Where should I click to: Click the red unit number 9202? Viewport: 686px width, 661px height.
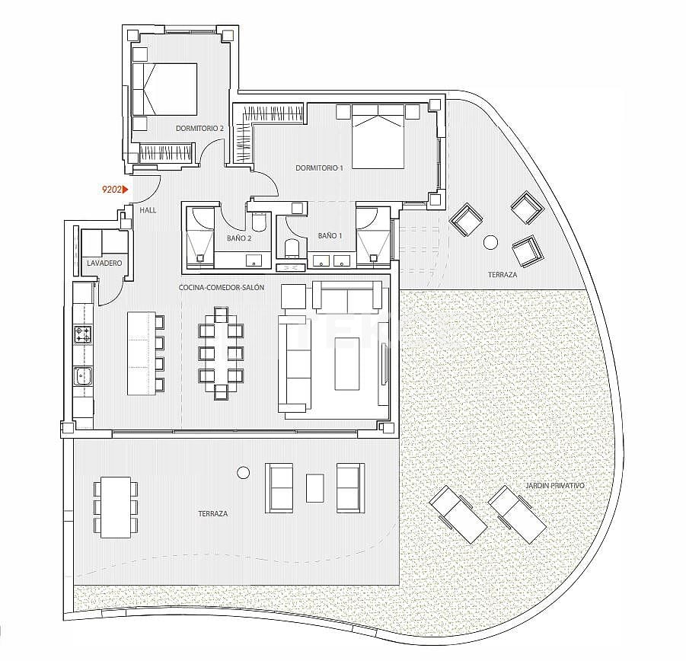coord(112,190)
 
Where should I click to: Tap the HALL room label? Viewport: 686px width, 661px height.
coord(148,209)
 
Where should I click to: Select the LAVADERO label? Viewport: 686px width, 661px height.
coord(105,263)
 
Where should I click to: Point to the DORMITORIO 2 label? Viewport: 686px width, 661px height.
coord(199,129)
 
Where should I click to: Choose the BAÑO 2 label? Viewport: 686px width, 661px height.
coord(238,238)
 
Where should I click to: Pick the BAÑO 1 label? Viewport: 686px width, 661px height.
coord(330,236)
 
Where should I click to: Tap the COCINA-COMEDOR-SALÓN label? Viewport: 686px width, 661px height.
coord(222,287)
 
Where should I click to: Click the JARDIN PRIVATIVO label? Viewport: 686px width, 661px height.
coord(555,484)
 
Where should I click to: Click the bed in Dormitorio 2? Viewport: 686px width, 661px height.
coord(165,89)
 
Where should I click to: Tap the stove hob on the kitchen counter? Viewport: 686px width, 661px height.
coord(82,334)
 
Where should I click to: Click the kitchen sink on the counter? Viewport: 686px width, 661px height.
coord(83,375)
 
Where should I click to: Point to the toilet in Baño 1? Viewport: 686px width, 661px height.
coord(291,248)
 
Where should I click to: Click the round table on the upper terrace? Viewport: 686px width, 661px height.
coord(491,242)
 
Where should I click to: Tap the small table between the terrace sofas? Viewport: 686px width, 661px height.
coord(315,487)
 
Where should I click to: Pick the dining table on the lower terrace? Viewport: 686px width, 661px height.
coord(116,506)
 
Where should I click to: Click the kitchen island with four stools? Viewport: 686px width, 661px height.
coord(141,352)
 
